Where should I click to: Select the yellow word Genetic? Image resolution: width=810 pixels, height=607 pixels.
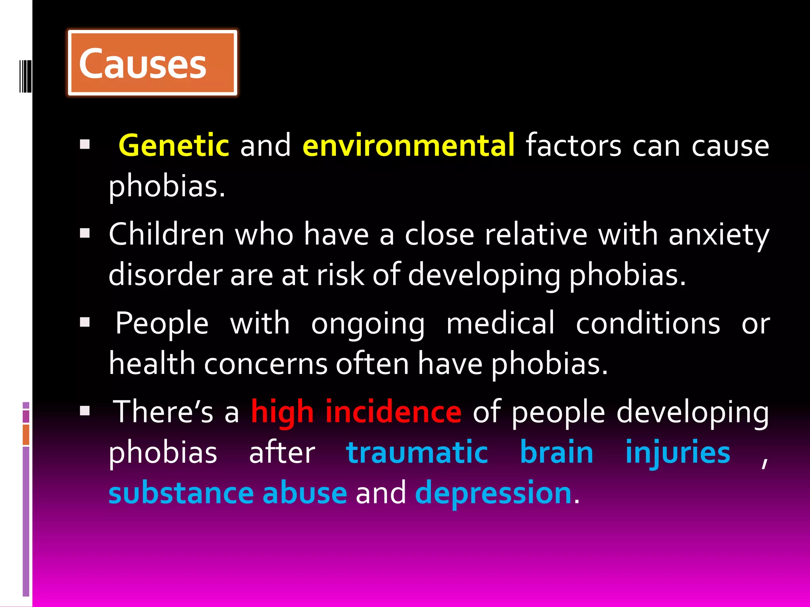point(174,145)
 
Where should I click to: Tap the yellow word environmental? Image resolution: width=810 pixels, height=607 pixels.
point(409,145)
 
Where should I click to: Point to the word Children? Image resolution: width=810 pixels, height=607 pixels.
point(167,234)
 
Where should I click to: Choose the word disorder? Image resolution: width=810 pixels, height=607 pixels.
point(166,275)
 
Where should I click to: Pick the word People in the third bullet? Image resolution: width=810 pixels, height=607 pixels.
point(162,323)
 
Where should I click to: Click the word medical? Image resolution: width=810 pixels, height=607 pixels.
point(500,323)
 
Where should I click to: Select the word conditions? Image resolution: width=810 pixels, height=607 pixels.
point(648,323)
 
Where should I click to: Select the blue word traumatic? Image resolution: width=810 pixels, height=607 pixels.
point(417,452)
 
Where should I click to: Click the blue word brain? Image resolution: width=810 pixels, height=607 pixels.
point(556,452)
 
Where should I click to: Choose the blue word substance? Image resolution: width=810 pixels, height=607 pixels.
point(181,493)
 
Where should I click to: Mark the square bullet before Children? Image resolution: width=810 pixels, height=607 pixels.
point(85,234)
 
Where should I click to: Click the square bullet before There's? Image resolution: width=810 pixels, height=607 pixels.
point(85,411)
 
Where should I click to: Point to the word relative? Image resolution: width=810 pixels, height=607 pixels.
point(536,234)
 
